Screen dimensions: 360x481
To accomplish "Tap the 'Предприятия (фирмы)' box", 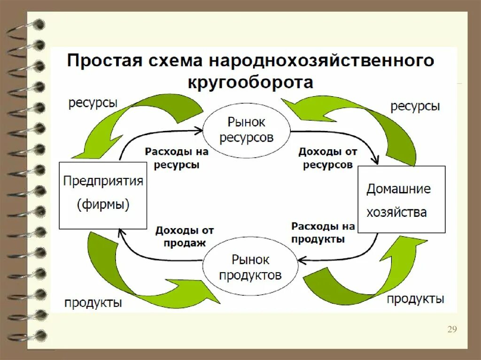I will click(x=103, y=195).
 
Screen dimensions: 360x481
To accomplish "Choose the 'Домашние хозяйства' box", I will click(x=401, y=199).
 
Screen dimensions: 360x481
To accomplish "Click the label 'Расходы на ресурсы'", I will click(x=176, y=158).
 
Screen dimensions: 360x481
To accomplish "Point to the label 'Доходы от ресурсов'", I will click(x=328, y=158).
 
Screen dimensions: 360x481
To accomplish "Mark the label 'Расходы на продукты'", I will click(x=323, y=232).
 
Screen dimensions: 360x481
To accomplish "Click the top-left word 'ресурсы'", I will click(x=93, y=103).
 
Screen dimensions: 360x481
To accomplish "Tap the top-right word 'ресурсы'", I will click(x=415, y=106).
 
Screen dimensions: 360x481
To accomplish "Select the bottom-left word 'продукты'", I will click(x=93, y=302).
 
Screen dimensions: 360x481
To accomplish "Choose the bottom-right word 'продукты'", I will click(x=415, y=299).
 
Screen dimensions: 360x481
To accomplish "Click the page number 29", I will click(x=452, y=329).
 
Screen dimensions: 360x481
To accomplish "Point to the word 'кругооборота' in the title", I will click(x=250, y=83).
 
